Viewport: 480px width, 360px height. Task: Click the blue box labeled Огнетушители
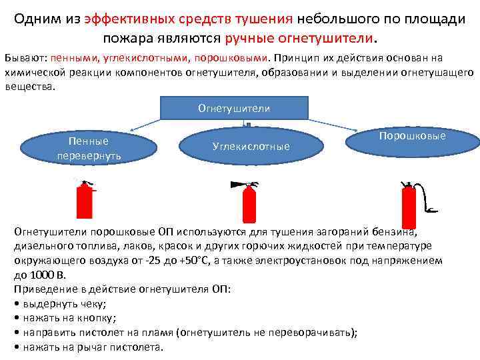(x=234, y=108)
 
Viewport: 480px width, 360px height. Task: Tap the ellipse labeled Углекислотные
(x=251, y=146)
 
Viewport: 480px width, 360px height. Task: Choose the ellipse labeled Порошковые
(x=411, y=137)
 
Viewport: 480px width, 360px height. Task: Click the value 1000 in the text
(x=41, y=275)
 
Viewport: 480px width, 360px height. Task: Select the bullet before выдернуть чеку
(x=16, y=303)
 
